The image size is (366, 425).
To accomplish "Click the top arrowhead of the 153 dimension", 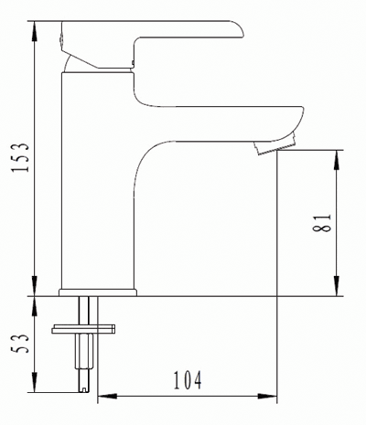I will pyautogui.click(x=35, y=25).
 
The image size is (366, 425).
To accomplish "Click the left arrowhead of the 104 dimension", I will pyautogui.click(x=102, y=397).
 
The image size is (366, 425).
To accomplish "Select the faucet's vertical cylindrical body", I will pyautogui.click(x=96, y=183).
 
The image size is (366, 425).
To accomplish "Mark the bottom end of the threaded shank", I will pyautogui.click(x=88, y=388).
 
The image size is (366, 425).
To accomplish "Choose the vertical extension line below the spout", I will pyautogui.click(x=276, y=274).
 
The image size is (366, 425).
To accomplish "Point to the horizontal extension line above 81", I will pyautogui.click(x=311, y=150).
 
